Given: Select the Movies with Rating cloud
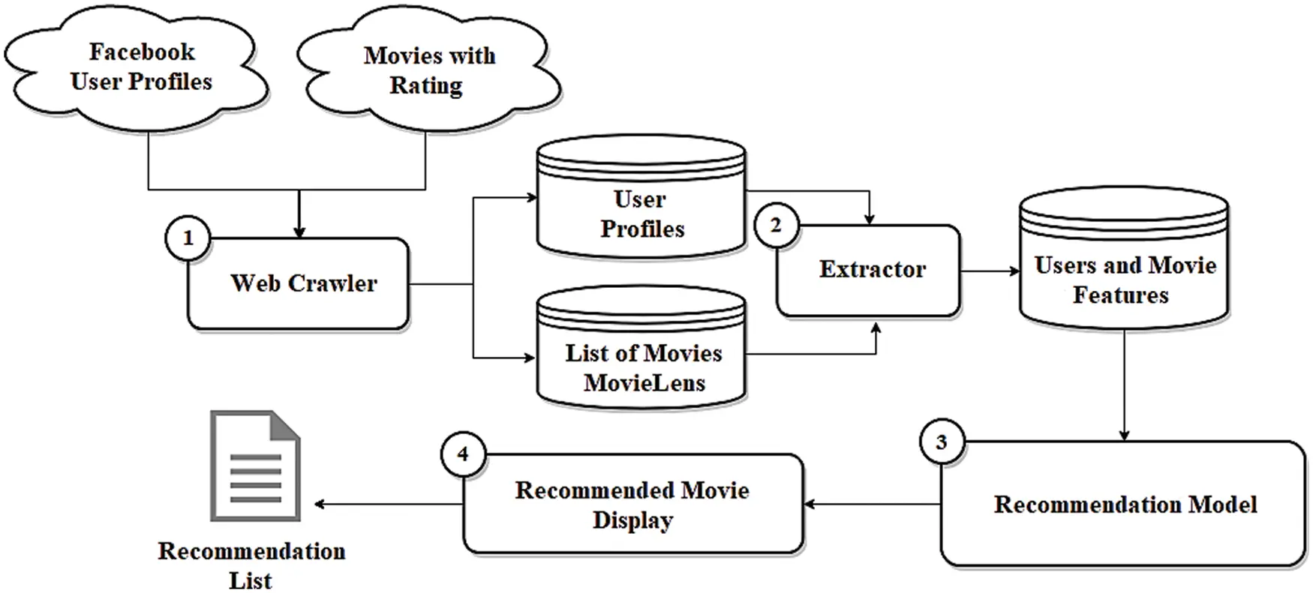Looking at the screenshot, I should pos(429,71).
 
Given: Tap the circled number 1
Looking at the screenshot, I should pos(188,238).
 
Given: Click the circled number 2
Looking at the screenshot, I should pos(776,225).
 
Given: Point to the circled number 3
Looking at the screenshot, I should pos(942,442).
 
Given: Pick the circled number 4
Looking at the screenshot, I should pos(463,454).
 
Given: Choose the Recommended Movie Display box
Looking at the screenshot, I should pos(632,505).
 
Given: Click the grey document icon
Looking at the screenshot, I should pos(255,466).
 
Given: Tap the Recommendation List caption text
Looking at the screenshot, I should pos(251,565).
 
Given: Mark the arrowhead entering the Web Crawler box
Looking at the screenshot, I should pos(299,232).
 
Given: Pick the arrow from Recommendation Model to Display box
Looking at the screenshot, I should pos(870,504).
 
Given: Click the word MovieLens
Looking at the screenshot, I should pos(644,383).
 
